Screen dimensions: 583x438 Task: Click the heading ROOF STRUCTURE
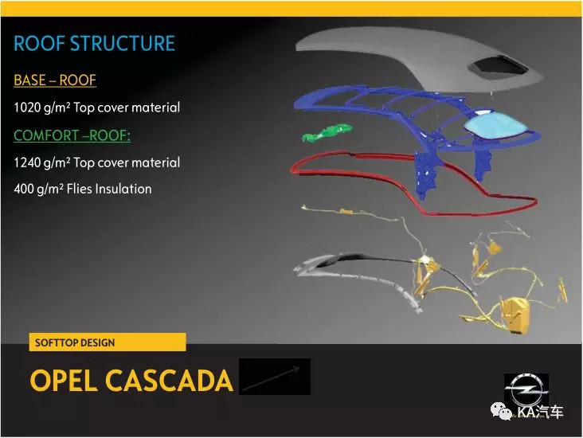pos(94,43)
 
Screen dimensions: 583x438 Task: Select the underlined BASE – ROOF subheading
pos(55,80)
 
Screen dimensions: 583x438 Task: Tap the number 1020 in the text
pos(27,108)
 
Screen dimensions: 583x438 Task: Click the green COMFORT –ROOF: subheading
pos(72,135)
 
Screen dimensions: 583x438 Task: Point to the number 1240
pos(27,162)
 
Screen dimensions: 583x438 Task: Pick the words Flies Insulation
pos(109,189)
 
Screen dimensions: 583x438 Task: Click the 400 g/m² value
pos(39,190)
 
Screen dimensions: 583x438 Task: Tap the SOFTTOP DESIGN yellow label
pos(108,342)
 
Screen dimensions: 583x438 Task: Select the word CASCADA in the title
pos(169,381)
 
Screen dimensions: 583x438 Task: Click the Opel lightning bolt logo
pos(526,391)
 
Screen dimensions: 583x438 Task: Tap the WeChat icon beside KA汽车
pos(502,411)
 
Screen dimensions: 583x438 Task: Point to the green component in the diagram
pos(327,133)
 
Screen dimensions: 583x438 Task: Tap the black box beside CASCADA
pos(275,376)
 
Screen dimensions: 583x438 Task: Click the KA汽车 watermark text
pos(540,412)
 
